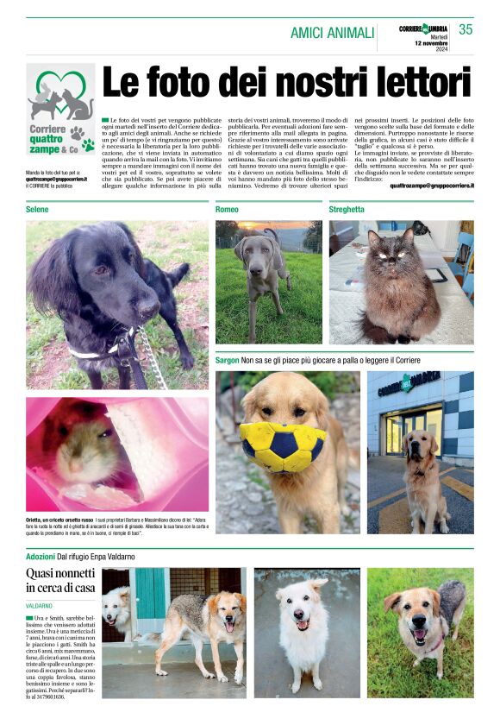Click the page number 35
466,29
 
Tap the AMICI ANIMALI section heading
332,33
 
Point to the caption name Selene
37,210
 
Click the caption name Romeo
227,210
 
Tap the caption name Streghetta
347,210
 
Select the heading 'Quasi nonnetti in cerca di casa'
60,580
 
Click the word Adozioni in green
41,557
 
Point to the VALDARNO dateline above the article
39,606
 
